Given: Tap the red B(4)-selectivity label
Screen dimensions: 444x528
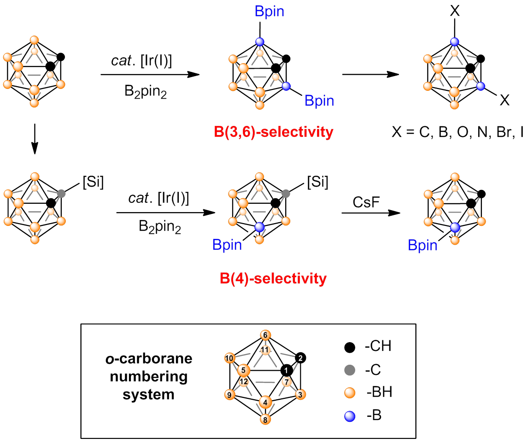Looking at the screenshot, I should pyautogui.click(x=273, y=278).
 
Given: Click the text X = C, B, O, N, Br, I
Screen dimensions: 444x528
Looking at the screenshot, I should pyautogui.click(x=458, y=133).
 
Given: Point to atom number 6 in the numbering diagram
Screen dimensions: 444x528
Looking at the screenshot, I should pyautogui.click(x=265, y=335).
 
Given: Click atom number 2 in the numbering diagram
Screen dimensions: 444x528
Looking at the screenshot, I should pyautogui.click(x=300, y=358).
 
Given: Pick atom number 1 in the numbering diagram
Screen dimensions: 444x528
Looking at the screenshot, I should pyautogui.click(x=287, y=370).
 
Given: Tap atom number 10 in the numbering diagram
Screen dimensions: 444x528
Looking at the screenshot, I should pyautogui.click(x=229, y=358).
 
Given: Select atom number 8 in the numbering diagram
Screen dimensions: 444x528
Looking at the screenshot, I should pyautogui.click(x=265, y=420).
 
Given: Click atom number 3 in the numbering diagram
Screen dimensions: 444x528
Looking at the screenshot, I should pyautogui.click(x=300, y=395).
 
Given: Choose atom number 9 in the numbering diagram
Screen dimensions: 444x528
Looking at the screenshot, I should pyautogui.click(x=229, y=395).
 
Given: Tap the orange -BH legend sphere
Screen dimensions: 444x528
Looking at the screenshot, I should pyautogui.click(x=350, y=393).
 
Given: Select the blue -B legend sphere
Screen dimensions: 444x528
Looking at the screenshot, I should pyautogui.click(x=350, y=416).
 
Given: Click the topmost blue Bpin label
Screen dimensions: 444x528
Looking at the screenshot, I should pyautogui.click(x=269, y=12).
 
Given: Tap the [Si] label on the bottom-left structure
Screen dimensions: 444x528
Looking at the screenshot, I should pyautogui.click(x=93, y=183).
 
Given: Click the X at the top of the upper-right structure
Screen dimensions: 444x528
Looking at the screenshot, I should pyautogui.click(x=455, y=12).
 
